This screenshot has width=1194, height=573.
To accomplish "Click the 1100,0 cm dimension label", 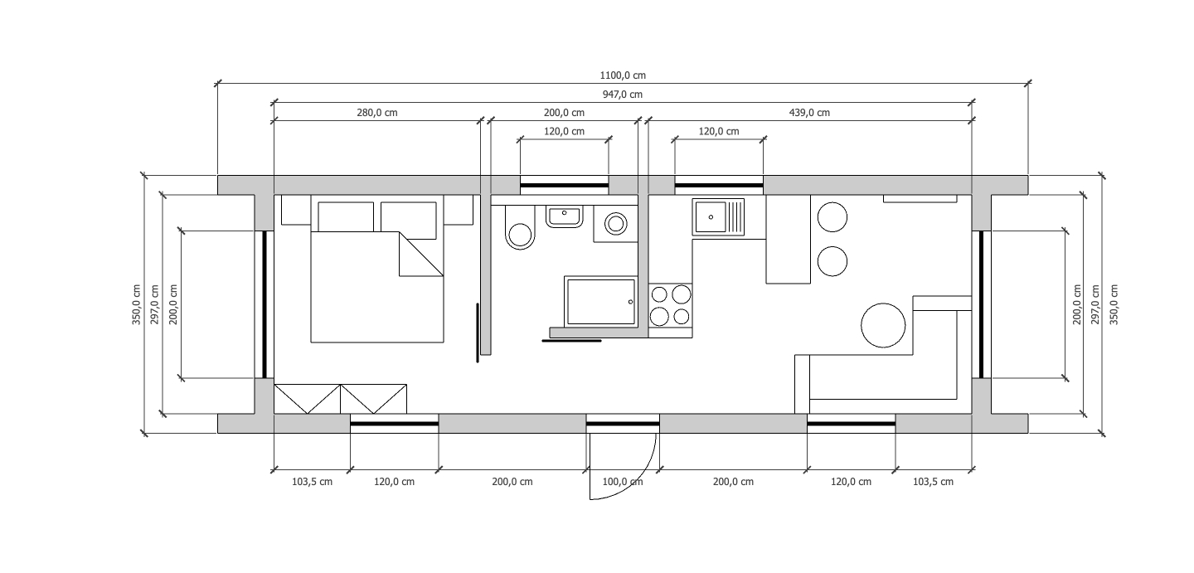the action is pos(623,75).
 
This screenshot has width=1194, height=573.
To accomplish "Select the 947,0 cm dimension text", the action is pos(623,95).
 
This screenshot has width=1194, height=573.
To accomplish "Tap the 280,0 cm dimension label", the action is pos(376,113).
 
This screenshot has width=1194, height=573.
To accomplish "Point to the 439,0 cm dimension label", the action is pos(809,113).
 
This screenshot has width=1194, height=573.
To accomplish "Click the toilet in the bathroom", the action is pos(520,228).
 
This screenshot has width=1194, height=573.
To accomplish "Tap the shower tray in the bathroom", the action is pos(600,301).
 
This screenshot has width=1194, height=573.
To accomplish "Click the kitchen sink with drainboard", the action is pos(718,217).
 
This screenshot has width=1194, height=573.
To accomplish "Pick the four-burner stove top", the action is pos(671,305).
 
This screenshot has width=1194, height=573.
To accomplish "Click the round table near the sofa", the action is pos(883,325).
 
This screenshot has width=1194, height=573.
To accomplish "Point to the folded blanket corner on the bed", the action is pos(421,255).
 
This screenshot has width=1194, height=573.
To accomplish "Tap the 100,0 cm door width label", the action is pos(623,482).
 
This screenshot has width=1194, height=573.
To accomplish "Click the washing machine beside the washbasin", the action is pos(615,224).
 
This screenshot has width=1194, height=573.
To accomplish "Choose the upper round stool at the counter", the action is pos(832,217).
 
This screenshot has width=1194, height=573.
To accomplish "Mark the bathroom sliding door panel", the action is pos(571,341).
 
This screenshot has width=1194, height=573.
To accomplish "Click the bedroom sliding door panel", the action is pos(478,333).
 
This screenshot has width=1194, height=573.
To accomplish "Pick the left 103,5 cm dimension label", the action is pos(312,482).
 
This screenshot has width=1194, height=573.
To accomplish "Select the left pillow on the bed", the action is pos(346,216).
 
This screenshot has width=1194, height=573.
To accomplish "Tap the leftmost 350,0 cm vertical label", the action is pos(137,304).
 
